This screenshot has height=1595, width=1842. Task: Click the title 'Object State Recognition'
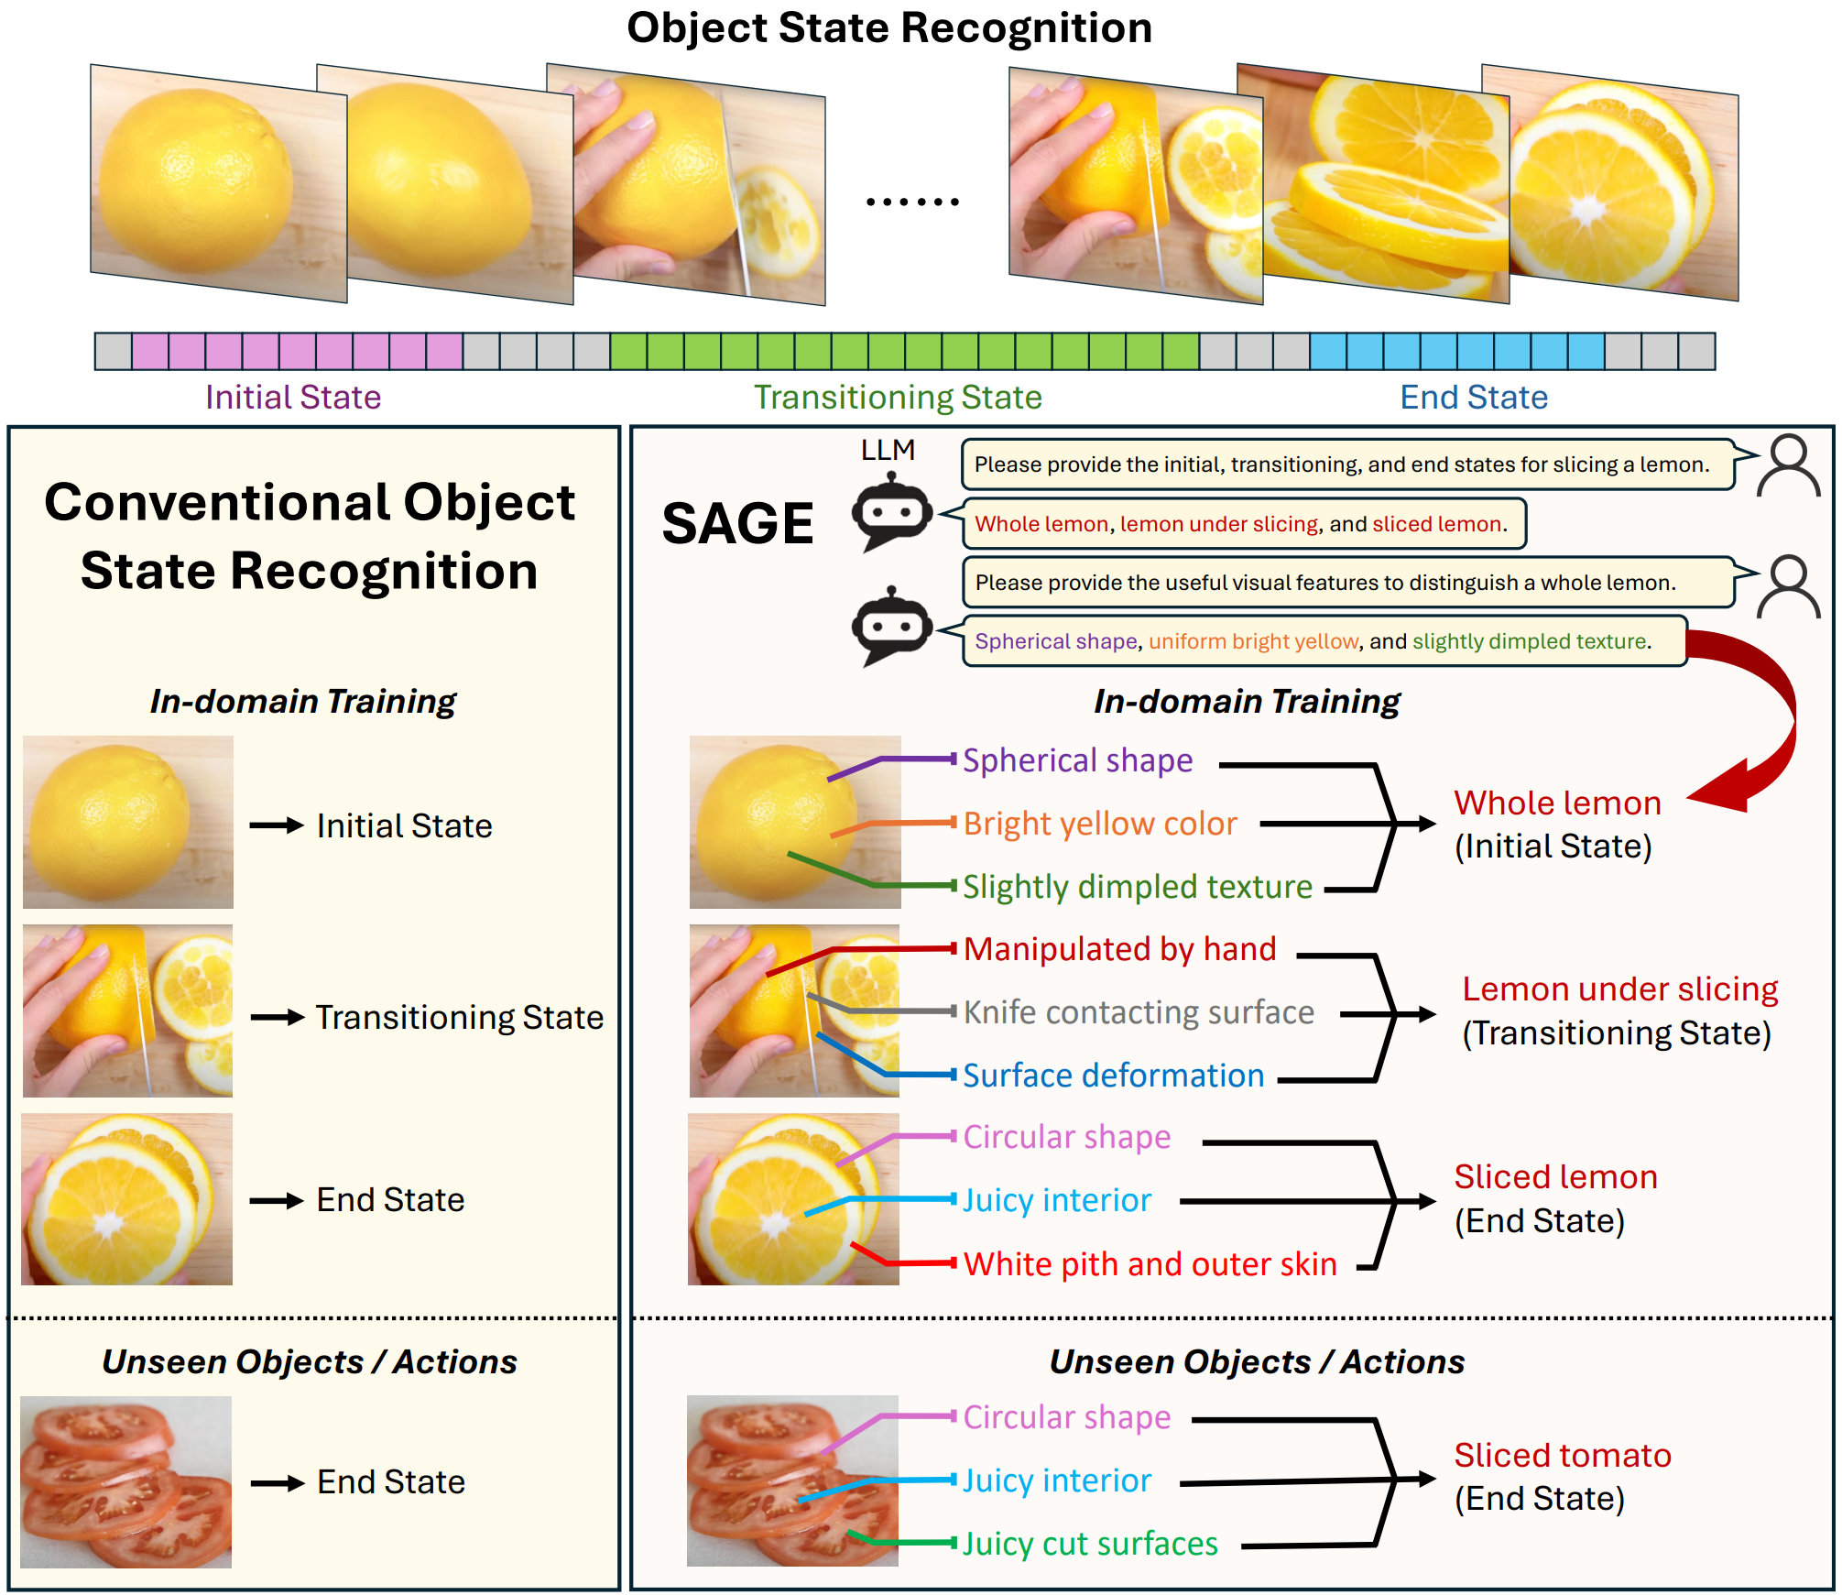click(888, 27)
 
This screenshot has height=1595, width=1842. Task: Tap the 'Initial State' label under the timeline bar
click(293, 398)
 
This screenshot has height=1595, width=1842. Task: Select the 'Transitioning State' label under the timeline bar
click(898, 398)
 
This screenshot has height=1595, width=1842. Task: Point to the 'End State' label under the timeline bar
click(1474, 398)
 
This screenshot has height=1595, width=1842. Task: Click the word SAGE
click(737, 523)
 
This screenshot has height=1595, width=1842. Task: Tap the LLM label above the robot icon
click(888, 450)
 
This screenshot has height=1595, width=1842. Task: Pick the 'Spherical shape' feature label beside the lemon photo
click(1078, 760)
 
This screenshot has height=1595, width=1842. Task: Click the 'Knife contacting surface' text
click(1139, 1012)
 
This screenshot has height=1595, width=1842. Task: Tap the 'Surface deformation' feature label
click(1114, 1076)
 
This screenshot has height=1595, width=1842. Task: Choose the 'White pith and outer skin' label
click(1150, 1264)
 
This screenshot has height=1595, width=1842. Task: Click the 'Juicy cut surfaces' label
click(1090, 1544)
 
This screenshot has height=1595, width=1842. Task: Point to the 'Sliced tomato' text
click(1563, 1456)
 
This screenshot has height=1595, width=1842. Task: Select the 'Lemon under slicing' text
click(1619, 989)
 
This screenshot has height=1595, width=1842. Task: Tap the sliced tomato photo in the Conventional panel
click(126, 1481)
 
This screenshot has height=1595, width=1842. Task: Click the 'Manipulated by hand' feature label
click(1120, 949)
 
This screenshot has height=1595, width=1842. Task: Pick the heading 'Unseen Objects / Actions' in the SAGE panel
click(1257, 1362)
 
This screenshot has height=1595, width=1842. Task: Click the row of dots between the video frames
click(912, 202)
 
